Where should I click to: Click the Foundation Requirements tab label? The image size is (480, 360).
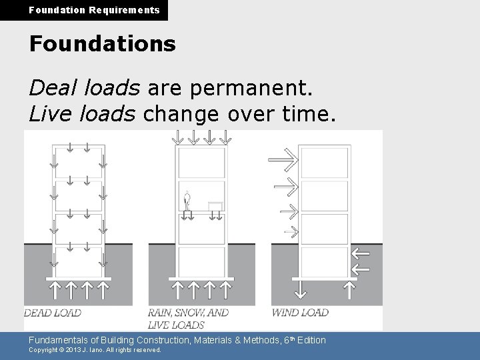pyautogui.click(x=84, y=10)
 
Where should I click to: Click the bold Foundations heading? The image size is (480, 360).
pyautogui.click(x=102, y=44)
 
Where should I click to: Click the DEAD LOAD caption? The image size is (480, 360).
pyautogui.click(x=53, y=313)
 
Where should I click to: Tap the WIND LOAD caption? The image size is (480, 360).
pyautogui.click(x=300, y=312)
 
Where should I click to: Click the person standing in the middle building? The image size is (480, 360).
pyautogui.click(x=187, y=199)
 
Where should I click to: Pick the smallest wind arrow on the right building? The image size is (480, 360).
pyautogui.click(x=290, y=231)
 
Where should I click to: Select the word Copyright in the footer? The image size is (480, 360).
pyautogui.click(x=45, y=349)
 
